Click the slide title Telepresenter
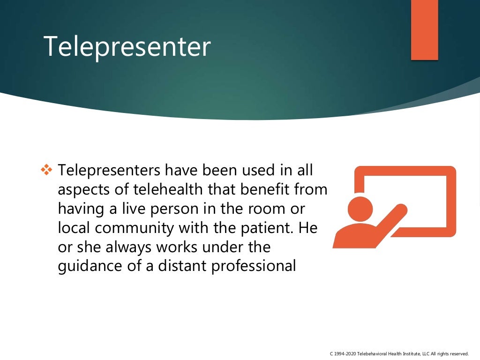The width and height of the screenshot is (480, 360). click(127, 47)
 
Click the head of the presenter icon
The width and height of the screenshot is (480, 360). click(360, 208)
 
